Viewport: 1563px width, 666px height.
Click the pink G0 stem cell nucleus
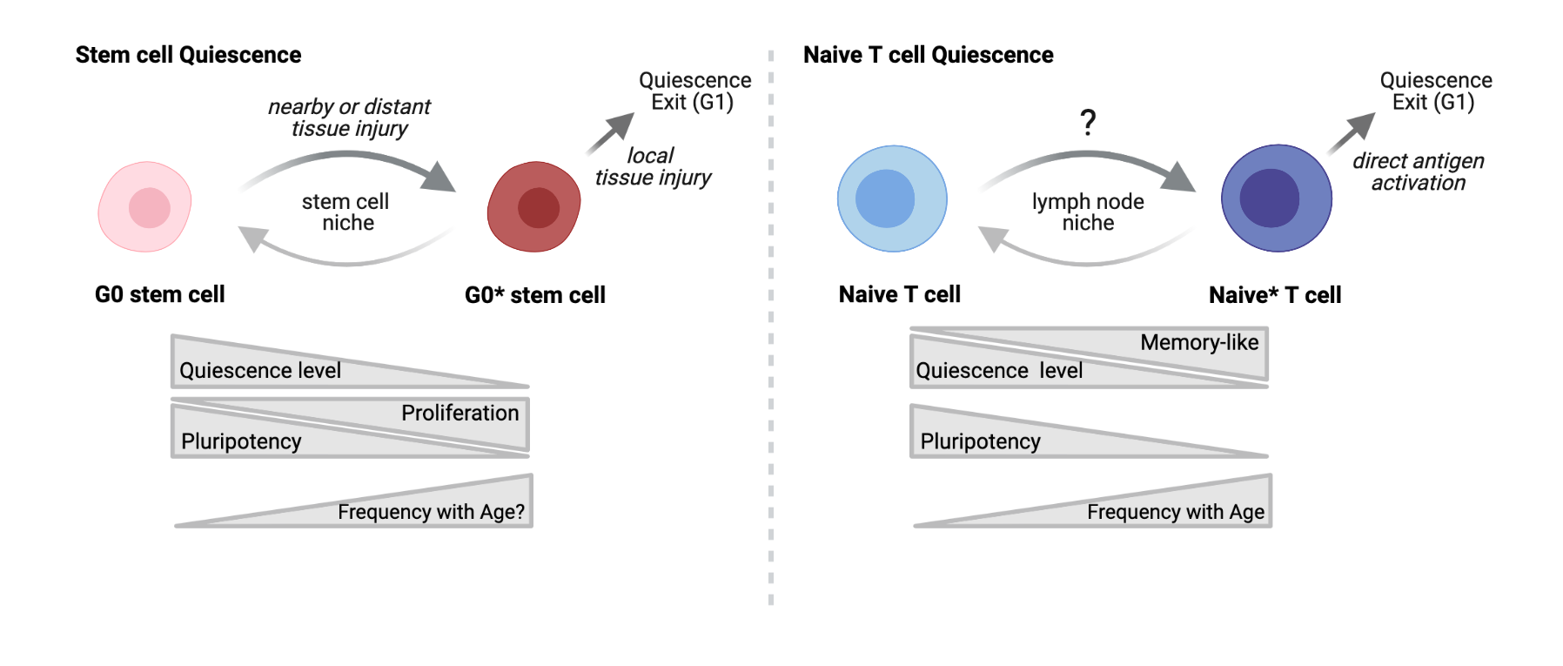pos(149,208)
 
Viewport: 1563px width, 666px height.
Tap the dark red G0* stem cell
pos(533,207)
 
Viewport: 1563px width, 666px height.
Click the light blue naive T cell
pos(891,198)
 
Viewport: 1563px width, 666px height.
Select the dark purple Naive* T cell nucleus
pos(1269,198)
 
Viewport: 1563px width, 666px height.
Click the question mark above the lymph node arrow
pos(1087,122)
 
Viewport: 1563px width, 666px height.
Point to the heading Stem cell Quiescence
pos(188,55)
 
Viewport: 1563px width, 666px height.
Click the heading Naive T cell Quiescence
pos(928,55)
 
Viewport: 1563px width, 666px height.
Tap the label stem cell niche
pos(345,212)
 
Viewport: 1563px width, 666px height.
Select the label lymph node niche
pos(1088,212)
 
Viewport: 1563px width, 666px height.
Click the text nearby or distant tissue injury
pos(349,118)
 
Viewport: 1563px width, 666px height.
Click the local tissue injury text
pos(653,166)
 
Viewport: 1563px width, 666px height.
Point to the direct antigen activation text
pos(1418,172)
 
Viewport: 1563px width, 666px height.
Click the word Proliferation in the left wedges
pos(460,413)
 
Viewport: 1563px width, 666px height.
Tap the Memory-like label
pos(1198,342)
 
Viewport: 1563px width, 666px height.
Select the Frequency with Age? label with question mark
pos(431,512)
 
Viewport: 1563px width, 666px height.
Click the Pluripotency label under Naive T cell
pos(980,441)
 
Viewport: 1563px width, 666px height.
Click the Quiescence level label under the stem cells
pos(259,371)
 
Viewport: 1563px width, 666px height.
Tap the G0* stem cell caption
pos(534,295)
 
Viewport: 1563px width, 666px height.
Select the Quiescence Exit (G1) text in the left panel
pos(694,91)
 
